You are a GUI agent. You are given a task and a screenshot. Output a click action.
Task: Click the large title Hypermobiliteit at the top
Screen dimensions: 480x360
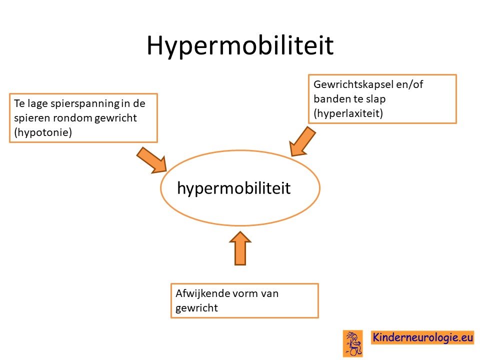point(240,46)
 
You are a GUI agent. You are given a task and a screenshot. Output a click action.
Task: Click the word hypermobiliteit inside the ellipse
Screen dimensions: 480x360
point(233,188)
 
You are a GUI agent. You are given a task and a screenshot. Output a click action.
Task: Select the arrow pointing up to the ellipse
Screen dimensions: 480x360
point(240,248)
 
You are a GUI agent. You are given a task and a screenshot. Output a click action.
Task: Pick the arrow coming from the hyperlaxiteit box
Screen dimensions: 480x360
point(302,141)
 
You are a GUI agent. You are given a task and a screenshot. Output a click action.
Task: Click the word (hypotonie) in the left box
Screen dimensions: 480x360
point(43,132)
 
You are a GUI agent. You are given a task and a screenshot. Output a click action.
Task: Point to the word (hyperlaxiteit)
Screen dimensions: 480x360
point(348,113)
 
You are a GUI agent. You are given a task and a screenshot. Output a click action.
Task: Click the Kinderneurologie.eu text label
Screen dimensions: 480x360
point(423,337)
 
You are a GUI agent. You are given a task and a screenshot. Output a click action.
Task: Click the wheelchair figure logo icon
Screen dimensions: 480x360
point(353,343)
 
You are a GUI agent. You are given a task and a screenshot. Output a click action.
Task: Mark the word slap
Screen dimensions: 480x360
point(376,99)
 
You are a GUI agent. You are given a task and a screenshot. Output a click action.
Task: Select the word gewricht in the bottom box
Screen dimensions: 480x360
point(196,308)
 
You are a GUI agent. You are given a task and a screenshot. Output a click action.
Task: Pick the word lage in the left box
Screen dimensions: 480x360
point(37,104)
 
